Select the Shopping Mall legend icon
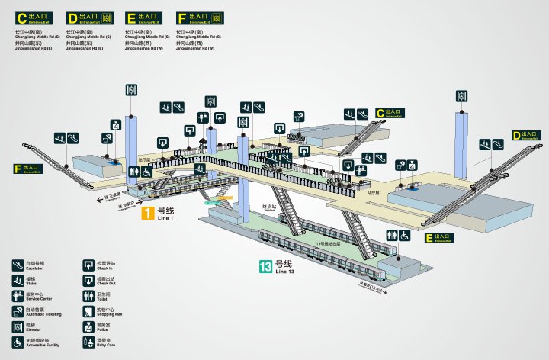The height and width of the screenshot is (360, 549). coord(89,310)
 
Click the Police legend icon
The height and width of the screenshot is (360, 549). coord(89,326)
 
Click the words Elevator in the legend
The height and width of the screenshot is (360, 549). coord(33,329)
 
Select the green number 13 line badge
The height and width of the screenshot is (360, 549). coord(265,267)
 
